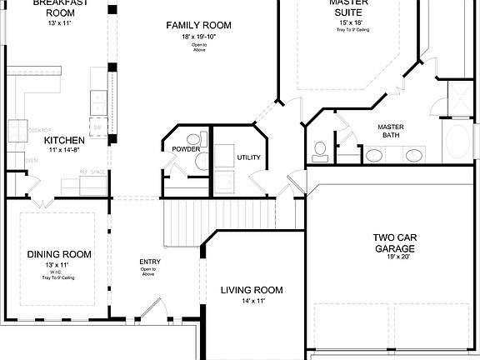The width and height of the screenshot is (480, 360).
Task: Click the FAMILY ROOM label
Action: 198,25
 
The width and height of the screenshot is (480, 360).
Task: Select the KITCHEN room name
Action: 62,140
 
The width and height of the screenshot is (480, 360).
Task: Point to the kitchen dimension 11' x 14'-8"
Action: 62,151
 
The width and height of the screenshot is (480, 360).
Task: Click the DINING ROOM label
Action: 59,254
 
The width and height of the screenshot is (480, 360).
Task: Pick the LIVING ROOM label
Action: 252,290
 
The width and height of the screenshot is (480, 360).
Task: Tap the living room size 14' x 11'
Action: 252,301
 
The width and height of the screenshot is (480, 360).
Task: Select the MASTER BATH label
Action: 392,130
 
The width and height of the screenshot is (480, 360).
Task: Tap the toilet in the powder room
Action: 193,139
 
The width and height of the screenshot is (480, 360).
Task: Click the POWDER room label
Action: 186,150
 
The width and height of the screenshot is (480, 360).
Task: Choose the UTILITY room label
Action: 248,157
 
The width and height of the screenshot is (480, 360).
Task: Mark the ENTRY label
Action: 150,262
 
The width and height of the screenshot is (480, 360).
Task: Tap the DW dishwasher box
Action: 97,127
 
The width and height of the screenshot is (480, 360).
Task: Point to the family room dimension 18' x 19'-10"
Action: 198,37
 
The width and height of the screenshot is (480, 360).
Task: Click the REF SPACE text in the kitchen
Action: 92,172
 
